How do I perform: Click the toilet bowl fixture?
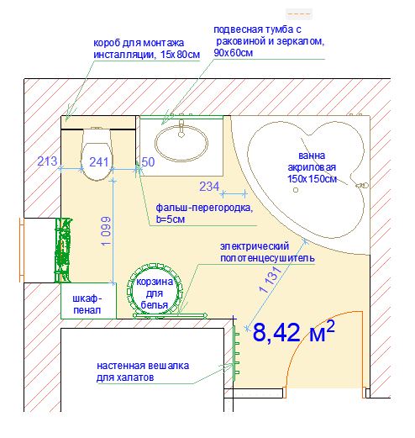click(x=97, y=154)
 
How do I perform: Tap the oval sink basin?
click(x=181, y=143)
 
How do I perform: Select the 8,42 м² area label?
click(x=293, y=331)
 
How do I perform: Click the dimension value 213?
click(x=47, y=161)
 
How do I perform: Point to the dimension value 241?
click(x=99, y=162)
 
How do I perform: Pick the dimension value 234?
click(x=209, y=187)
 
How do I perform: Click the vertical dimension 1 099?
click(x=107, y=231)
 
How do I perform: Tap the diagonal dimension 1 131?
click(x=271, y=280)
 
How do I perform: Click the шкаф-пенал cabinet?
click(x=88, y=301)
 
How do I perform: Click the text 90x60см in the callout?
click(x=234, y=53)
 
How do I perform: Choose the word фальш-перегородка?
click(x=204, y=208)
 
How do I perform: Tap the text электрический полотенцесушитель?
click(x=267, y=252)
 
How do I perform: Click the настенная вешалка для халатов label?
click(x=143, y=372)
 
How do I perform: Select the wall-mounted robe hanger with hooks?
click(x=236, y=353)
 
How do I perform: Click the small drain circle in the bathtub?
click(x=296, y=190)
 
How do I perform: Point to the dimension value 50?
click(x=148, y=162)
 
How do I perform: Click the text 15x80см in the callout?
click(x=181, y=55)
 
